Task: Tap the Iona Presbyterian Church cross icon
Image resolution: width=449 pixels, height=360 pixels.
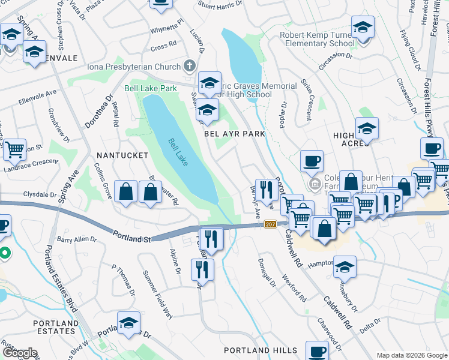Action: pos(190,65)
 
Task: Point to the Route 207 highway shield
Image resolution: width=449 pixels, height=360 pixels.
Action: pos(270,224)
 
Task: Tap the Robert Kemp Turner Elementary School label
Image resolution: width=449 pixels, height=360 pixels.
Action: pos(317,39)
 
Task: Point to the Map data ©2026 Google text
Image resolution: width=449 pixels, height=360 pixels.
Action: pos(411,355)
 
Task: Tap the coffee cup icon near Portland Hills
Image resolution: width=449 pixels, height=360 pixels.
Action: pos(317,351)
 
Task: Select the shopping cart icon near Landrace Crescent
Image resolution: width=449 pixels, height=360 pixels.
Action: pos(14,148)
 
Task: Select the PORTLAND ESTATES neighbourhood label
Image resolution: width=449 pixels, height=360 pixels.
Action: pos(56,327)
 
